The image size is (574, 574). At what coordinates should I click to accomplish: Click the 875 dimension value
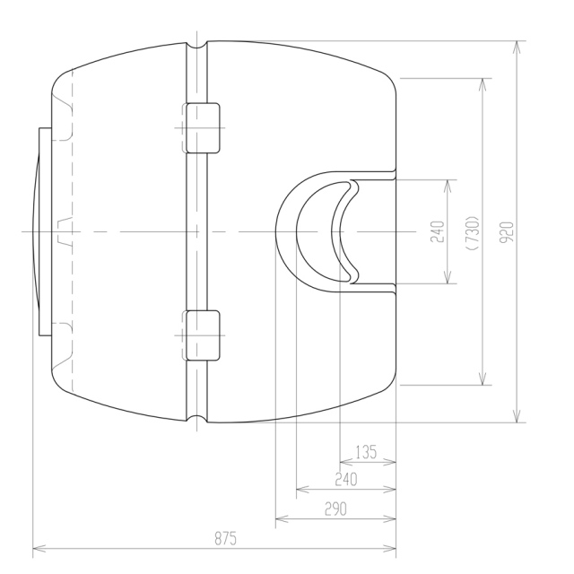coord(225,538)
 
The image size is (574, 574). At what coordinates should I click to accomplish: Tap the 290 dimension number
coord(335,509)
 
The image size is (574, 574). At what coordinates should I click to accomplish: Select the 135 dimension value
coord(366,452)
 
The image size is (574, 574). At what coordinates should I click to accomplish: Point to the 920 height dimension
coord(507,231)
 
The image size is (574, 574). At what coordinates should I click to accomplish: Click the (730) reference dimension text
coord(473,233)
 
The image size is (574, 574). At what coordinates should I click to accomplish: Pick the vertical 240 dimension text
coord(438,231)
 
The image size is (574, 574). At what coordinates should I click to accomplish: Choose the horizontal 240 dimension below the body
coord(346,479)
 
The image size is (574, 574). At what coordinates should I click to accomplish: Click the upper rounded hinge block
coord(203,127)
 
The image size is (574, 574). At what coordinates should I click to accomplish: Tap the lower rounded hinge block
coord(203,335)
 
